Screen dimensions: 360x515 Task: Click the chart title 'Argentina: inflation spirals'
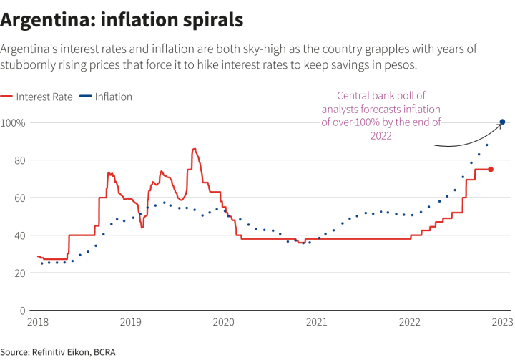coord(122,19)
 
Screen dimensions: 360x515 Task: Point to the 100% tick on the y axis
coord(13,122)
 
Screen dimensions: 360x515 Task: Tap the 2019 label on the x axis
coord(130,323)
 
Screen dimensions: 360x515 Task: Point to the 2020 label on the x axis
coord(223,323)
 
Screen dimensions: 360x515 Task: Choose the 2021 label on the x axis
coord(317,323)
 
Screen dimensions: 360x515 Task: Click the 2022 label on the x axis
coord(410,323)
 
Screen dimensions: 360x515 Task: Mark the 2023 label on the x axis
coord(502,323)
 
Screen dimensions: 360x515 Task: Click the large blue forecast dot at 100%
coord(502,122)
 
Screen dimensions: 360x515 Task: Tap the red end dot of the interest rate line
coord(490,169)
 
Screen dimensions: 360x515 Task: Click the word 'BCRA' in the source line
coord(105,351)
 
